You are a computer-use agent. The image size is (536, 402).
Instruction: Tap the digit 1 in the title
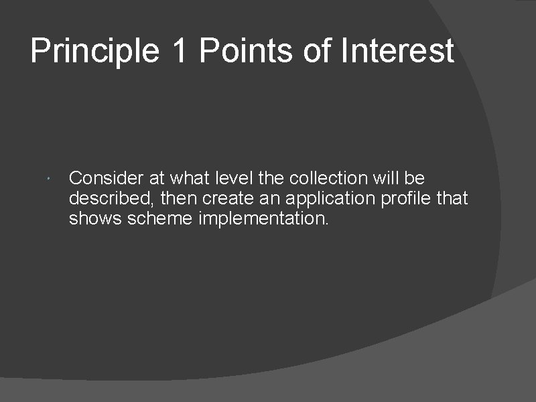point(179,52)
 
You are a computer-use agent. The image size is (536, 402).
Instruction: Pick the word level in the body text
point(230,178)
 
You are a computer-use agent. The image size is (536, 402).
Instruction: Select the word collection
point(329,178)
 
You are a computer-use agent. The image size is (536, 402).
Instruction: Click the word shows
point(89,218)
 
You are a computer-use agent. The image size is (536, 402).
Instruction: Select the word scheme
point(154,218)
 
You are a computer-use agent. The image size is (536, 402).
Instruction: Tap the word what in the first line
point(187,178)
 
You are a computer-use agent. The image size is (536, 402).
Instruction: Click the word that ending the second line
point(452,198)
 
